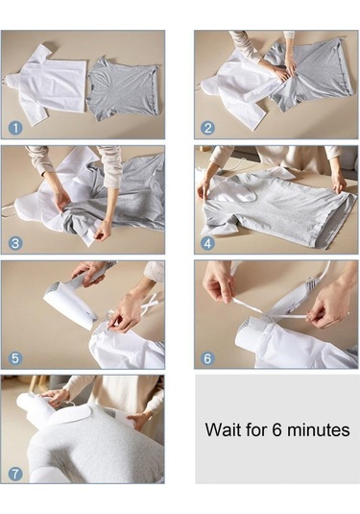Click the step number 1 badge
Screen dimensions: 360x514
pyautogui.click(x=15, y=128)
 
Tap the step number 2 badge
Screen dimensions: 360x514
pyautogui.click(x=207, y=128)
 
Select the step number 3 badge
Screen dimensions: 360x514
pyautogui.click(x=15, y=244)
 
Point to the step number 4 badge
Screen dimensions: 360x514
pyautogui.click(x=207, y=244)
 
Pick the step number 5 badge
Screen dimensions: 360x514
pyautogui.click(x=15, y=358)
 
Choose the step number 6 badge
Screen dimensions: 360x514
pyautogui.click(x=207, y=358)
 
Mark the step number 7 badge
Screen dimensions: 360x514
pyautogui.click(x=15, y=474)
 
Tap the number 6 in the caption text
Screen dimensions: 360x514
pyautogui.click(x=276, y=429)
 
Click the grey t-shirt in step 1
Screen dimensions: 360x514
pyautogui.click(x=123, y=87)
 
